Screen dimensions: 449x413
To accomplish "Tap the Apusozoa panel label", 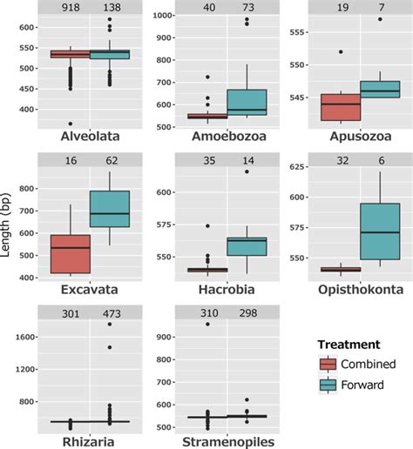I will (x=354, y=137).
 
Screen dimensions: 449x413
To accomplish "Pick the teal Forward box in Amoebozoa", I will (x=247, y=101).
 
